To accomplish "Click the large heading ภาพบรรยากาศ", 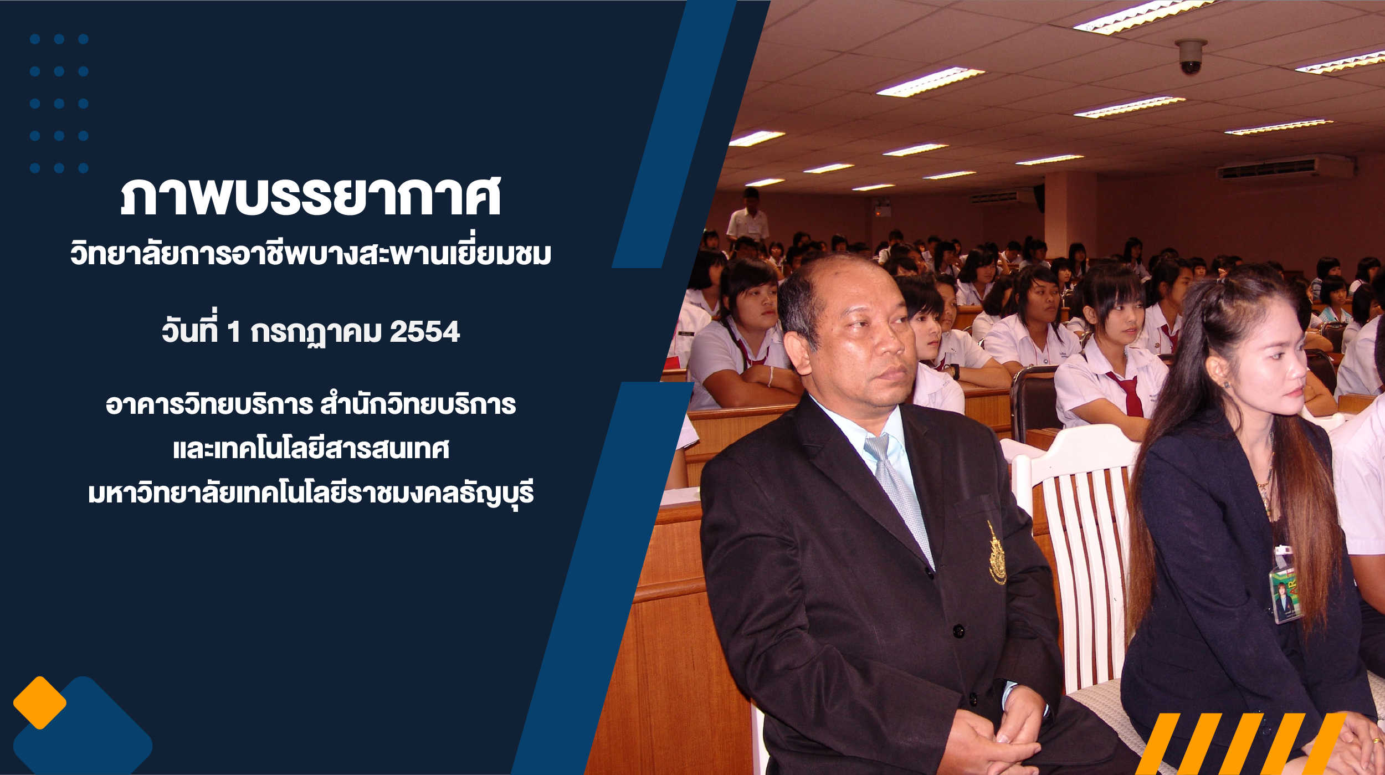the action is click(x=311, y=196).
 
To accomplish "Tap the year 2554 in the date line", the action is click(x=424, y=332).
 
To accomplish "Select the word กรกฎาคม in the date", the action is click(x=316, y=333).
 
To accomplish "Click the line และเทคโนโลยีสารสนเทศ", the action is click(x=311, y=448).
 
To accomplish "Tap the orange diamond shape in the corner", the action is click(x=40, y=702).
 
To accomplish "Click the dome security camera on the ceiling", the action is click(x=1191, y=57).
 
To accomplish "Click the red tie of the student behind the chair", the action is click(x=1128, y=394).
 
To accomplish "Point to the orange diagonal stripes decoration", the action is click(x=1241, y=743).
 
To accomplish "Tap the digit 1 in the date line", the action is click(x=234, y=332).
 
